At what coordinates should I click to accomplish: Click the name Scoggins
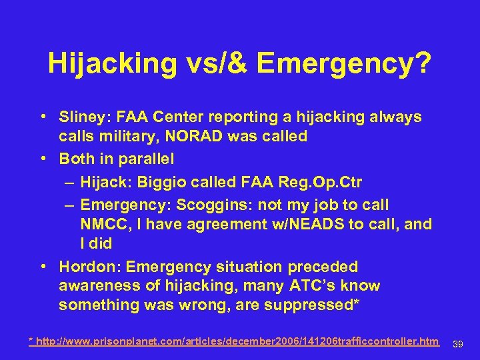click(218, 205)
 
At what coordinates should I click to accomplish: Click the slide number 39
click(458, 344)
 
